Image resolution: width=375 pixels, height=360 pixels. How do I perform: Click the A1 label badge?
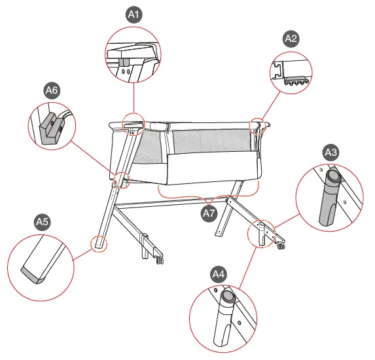coord(134,14)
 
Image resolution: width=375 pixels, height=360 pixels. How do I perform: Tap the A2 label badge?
coord(291,39)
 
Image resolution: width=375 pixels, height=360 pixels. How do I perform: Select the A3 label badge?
coord(332,153)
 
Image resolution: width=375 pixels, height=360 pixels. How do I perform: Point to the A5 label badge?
coord(43,223)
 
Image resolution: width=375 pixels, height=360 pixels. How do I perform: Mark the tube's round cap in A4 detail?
coord(228,298)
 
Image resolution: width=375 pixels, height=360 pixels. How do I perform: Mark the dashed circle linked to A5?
coord(99,243)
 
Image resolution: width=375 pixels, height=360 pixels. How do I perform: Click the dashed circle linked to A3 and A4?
coord(260,232)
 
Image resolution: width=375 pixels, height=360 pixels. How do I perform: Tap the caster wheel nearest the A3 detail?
coord(281,247)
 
